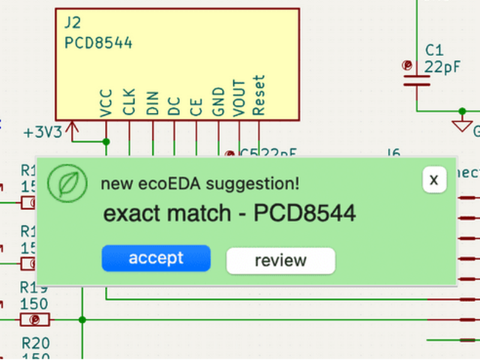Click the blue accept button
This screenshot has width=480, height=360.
[x=156, y=259]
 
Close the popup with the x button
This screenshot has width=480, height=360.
[x=434, y=179]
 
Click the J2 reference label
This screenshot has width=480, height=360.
[x=73, y=23]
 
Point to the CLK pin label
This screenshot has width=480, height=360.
[x=129, y=102]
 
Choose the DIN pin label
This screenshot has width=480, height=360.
[x=152, y=102]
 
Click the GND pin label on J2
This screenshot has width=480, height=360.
[x=218, y=101]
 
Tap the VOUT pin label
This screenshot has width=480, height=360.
[x=239, y=97]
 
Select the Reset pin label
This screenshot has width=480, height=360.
[x=259, y=95]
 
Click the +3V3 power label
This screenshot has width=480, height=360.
[x=43, y=132]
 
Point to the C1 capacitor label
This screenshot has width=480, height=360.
[x=434, y=49]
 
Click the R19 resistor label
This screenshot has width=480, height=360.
[x=34, y=287]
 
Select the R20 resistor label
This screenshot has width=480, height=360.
[x=35, y=344]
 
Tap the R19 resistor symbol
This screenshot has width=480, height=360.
[x=35, y=319]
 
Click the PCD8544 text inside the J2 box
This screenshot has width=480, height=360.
[x=98, y=43]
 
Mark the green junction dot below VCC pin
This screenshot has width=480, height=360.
[x=106, y=142]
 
